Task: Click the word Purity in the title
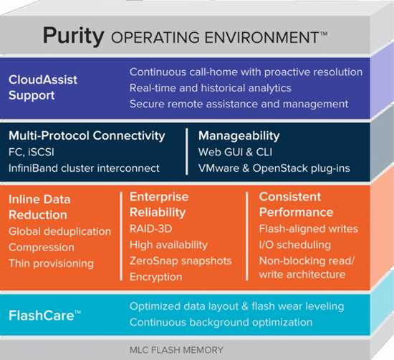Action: pos(73,36)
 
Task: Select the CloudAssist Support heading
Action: pos(43,87)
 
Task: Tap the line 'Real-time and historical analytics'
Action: pos(211,88)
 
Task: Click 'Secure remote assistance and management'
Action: pos(239,104)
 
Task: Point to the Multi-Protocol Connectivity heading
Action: pos(87,136)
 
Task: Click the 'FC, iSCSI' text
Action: pos(31,152)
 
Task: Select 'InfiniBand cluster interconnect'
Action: pos(84,168)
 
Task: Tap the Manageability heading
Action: pos(239,136)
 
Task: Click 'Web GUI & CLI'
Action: pos(235,152)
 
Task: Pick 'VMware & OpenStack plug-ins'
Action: pos(274,168)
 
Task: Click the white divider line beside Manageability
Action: pos(187,152)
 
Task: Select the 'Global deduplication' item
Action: pos(59,231)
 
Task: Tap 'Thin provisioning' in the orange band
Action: pos(51,263)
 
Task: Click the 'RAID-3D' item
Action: pos(150,229)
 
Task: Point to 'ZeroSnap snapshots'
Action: pos(181,261)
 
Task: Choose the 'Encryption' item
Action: pos(155,277)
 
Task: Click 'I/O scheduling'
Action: pos(294,245)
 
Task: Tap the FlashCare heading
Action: pos(44,316)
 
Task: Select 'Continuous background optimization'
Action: pos(221,322)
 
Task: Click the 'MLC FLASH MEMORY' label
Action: pos(176,350)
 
